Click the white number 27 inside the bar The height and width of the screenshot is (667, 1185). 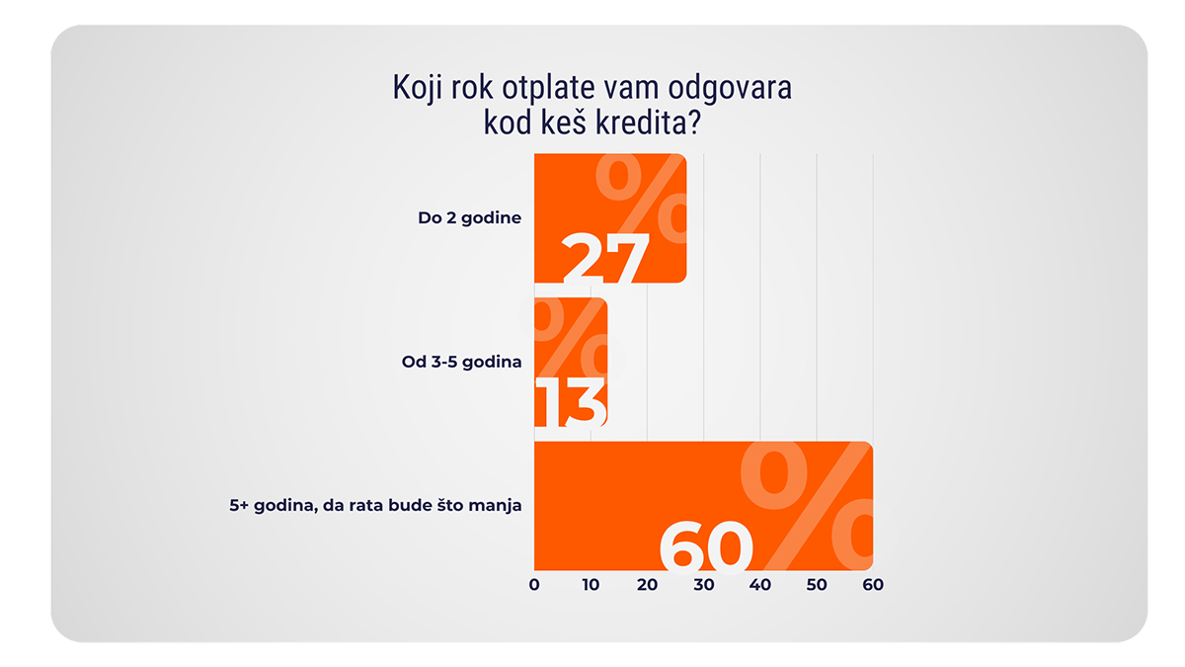point(605,259)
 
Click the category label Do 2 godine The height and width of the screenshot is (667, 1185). point(469,218)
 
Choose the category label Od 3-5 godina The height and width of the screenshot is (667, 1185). point(461,362)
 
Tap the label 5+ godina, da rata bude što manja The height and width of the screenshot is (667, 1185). point(374,505)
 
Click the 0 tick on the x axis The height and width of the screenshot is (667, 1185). point(534,584)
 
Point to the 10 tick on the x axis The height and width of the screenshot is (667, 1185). point(591,584)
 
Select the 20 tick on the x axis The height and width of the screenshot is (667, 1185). point(647,584)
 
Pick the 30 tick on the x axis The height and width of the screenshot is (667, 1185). point(703,584)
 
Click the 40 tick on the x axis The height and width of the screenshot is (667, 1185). point(759,584)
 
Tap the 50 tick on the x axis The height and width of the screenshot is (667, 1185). point(816,584)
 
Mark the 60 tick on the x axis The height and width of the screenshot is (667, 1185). point(872,584)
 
